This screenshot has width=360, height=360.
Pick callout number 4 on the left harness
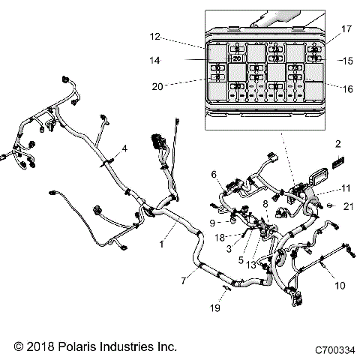coord(125,148)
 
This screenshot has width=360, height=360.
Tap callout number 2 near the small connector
coord(337,143)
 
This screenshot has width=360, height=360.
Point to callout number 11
coord(325,187)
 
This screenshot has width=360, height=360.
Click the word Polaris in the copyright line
coord(74,348)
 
